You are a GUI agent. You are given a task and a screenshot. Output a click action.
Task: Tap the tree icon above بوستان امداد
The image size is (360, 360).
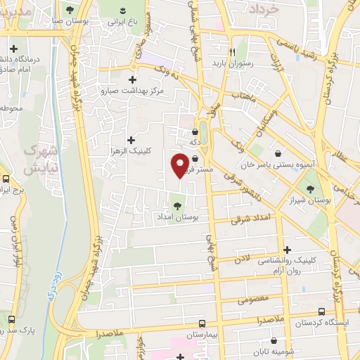click(175, 206)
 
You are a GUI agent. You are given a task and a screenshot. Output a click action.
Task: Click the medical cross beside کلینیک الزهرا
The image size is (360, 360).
click(131, 141)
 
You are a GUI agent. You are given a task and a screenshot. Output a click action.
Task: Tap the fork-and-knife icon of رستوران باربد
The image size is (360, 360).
click(231, 51)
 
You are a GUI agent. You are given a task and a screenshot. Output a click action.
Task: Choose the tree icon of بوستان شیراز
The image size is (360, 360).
click(310, 188)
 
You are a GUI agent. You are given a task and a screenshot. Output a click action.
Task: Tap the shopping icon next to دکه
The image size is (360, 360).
click(195, 131)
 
